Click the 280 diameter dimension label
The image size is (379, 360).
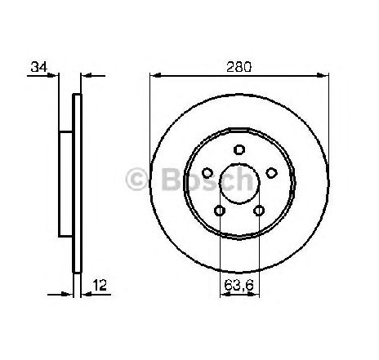click(239, 67)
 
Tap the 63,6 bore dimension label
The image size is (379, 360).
click(239, 285)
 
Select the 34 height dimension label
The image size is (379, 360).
click(39, 67)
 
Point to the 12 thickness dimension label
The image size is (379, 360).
click(100, 285)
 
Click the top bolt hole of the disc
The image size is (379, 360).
click(239, 149)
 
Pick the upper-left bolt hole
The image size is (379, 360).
click(207, 173)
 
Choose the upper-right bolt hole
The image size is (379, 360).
click(271, 173)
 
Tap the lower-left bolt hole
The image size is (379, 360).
click(220, 211)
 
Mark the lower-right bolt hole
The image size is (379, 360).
click(259, 211)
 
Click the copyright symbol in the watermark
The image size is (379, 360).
click(136, 179)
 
